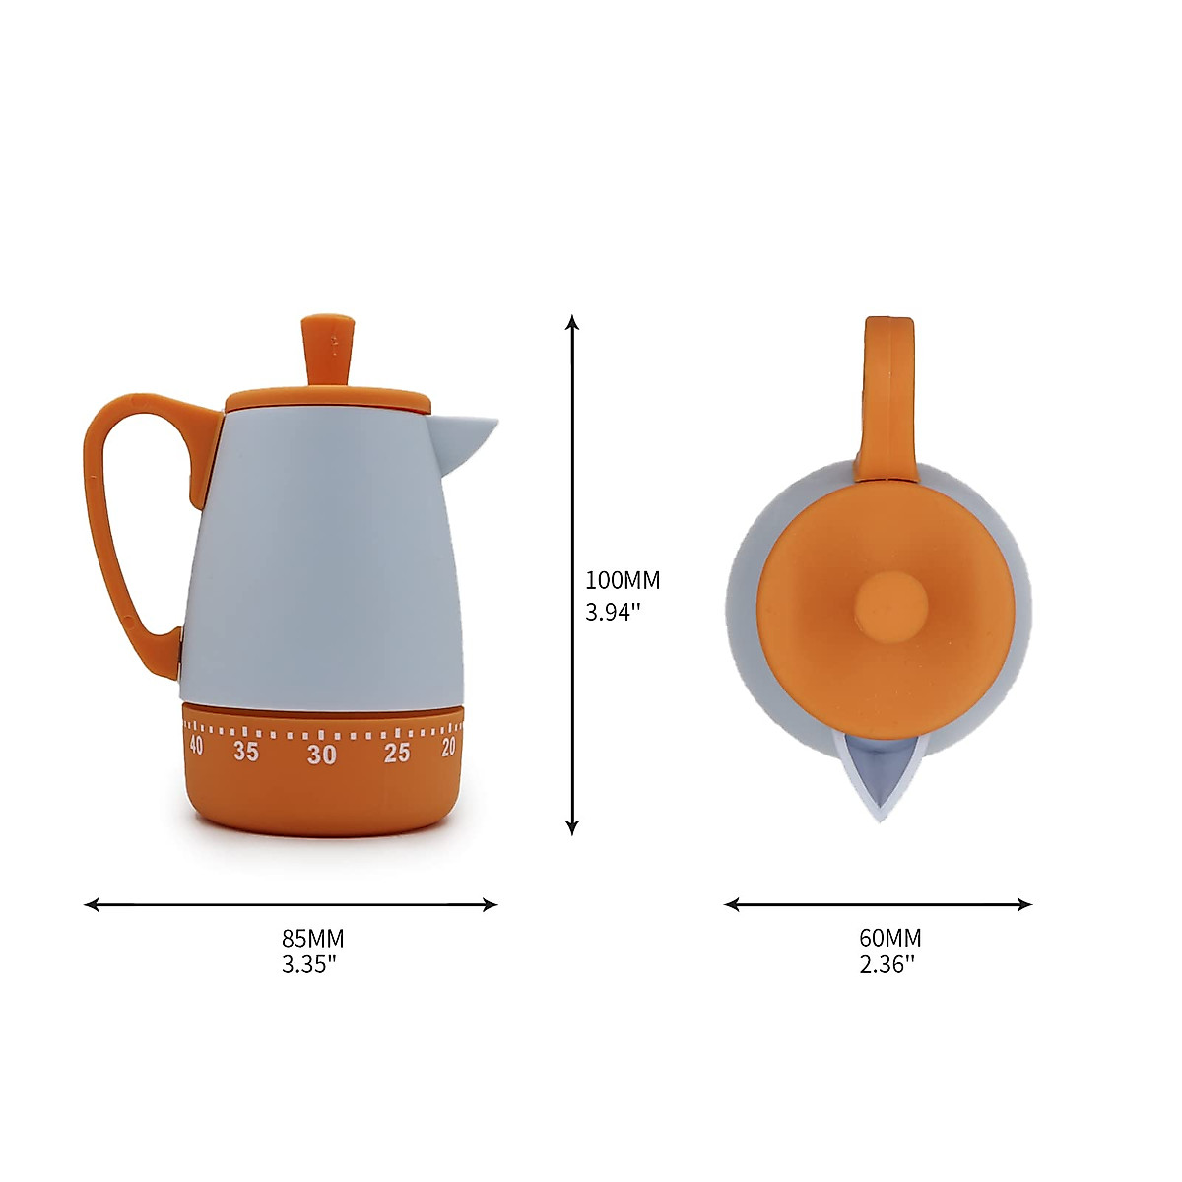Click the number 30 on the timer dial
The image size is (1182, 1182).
click(321, 755)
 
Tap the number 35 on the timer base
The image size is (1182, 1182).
click(246, 753)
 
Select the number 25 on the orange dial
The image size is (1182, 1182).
click(397, 754)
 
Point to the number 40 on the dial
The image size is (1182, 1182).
click(196, 746)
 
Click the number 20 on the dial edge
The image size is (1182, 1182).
click(449, 748)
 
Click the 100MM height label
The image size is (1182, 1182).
click(623, 580)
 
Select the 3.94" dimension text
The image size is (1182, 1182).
click(614, 612)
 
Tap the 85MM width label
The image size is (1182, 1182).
click(312, 938)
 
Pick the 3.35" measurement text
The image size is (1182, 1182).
click(309, 964)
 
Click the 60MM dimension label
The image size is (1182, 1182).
click(889, 938)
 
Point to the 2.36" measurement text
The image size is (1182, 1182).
click(886, 964)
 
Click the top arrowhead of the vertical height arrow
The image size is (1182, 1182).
click(572, 322)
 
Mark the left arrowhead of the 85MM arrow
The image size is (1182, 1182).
click(92, 904)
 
